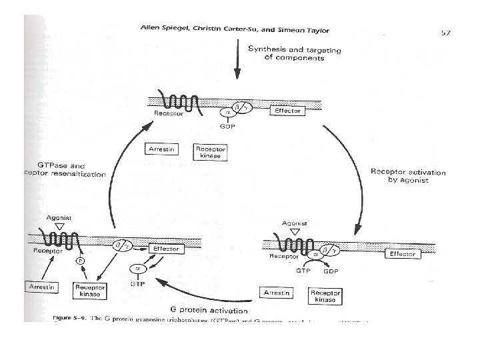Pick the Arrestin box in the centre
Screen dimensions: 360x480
point(162,149)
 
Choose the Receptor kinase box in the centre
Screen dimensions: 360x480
point(210,153)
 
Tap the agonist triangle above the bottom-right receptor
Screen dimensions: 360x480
point(295,232)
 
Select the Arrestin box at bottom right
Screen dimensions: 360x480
point(280,293)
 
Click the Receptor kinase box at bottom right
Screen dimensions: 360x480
point(325,296)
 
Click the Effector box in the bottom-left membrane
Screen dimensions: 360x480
point(165,249)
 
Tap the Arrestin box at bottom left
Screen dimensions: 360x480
point(41,287)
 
